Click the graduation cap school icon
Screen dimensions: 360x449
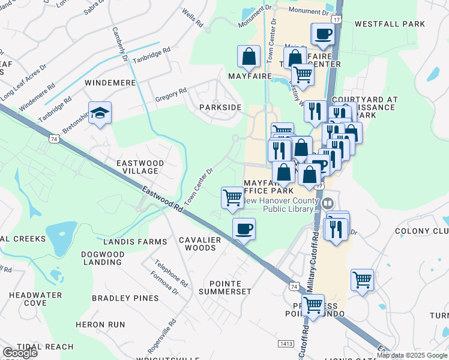[100, 113]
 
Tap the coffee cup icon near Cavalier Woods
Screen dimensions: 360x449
[244, 229]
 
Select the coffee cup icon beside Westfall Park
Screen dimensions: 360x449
[322, 34]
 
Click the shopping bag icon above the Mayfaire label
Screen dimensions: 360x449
[249, 57]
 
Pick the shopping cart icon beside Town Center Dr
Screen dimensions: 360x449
[232, 197]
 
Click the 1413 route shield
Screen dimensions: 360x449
[286, 343]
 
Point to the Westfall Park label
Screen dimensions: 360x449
[390, 25]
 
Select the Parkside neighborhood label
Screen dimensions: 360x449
[220, 107]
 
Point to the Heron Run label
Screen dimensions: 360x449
[100, 325]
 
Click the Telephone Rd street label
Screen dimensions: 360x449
[170, 272]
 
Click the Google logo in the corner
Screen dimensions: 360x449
[19, 353]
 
